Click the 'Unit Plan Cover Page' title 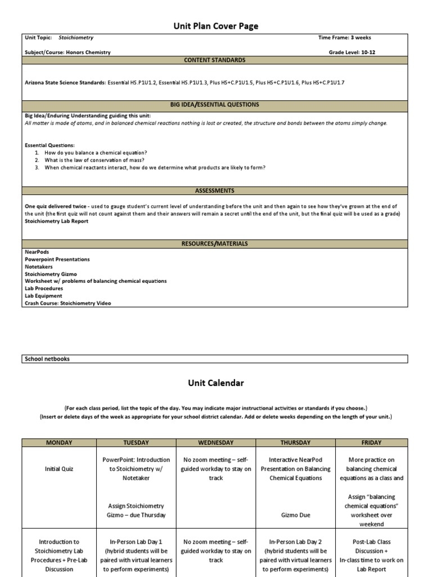tap(215, 26)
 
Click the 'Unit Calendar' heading tap(215, 383)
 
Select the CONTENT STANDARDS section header tap(215, 60)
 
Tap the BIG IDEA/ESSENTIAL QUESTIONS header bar tap(215, 105)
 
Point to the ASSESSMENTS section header tap(215, 191)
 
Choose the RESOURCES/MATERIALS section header tap(215, 244)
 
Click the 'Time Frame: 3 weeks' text tap(344, 38)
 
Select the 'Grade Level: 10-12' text tap(350, 52)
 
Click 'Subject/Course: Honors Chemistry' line tap(67, 52)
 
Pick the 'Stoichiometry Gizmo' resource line tap(51, 274)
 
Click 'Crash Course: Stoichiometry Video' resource tap(67, 303)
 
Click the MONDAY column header tap(59, 443)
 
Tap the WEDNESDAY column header tap(215, 443)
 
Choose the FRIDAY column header tap(371, 443)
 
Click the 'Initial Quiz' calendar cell tap(59, 469)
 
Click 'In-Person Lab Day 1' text tap(136, 542)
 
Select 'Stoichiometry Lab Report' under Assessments tap(56, 221)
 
